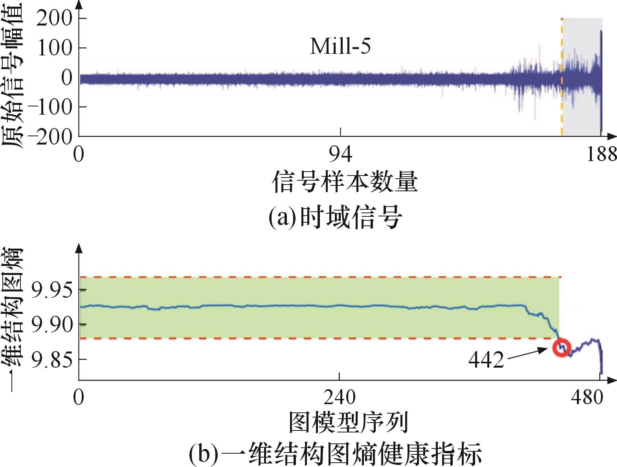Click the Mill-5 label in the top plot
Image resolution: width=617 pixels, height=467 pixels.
coord(340,47)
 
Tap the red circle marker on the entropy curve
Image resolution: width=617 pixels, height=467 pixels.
coord(561,348)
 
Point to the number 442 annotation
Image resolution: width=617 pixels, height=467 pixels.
coord(486,359)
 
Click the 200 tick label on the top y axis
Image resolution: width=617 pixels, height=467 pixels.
coord(54,18)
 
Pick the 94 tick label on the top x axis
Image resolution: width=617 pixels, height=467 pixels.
coord(340,155)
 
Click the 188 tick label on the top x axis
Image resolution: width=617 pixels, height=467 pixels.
coord(601,155)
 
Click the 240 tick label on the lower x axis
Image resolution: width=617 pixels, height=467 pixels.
coord(339,397)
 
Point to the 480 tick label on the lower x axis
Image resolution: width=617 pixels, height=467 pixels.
coord(587,397)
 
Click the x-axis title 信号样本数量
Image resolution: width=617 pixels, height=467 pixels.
coord(345,182)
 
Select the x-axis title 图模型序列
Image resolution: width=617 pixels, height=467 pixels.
coord(348,422)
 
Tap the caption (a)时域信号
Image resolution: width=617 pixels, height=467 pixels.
coord(335,218)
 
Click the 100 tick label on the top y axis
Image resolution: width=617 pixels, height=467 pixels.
coord(54,48)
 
